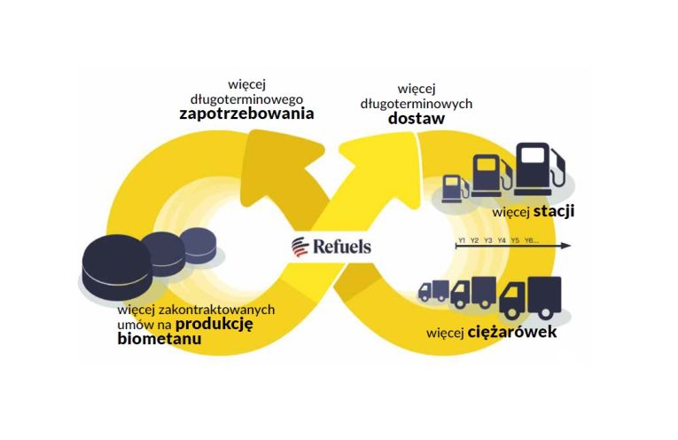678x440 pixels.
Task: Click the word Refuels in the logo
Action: (341, 247)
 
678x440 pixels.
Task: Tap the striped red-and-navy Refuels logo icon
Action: (300, 247)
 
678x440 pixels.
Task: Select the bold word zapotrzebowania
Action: (246, 114)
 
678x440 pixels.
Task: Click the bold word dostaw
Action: (416, 118)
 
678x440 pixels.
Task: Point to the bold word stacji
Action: (553, 211)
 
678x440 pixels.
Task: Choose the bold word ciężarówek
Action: (512, 332)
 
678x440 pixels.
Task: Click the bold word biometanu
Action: (160, 338)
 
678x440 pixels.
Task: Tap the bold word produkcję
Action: (214, 324)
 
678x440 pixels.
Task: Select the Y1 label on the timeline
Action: (462, 240)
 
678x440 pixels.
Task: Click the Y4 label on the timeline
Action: (502, 240)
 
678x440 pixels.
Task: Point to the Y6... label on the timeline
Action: (532, 240)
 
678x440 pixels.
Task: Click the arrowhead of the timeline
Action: (566, 246)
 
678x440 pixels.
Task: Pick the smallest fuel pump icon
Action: (455, 189)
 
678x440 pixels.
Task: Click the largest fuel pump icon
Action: (540, 169)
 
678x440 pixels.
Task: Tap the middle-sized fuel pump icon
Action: (492, 176)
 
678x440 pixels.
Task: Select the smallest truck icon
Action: (433, 290)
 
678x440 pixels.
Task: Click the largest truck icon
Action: (530, 298)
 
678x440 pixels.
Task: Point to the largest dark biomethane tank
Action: (117, 267)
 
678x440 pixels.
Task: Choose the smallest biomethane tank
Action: (198, 246)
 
